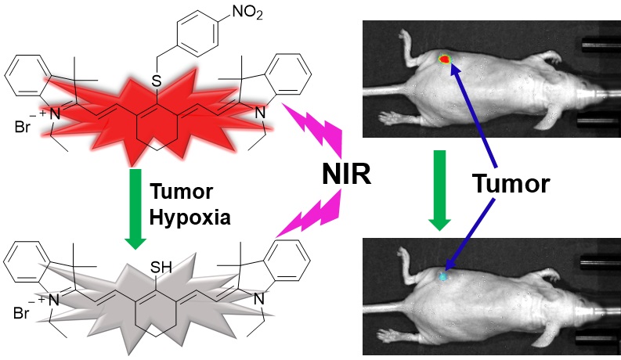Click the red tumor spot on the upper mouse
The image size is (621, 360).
[x=446, y=58]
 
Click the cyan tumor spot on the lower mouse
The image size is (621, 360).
[x=444, y=275]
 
